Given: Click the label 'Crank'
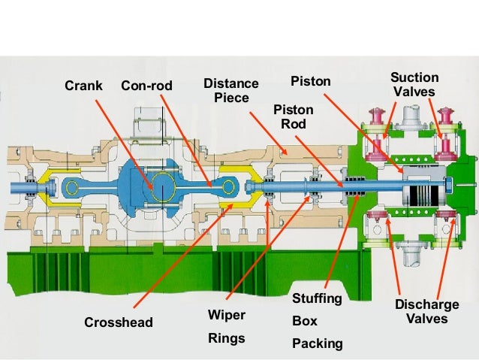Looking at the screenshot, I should tap(83, 86).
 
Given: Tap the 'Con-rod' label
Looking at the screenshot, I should tap(146, 86).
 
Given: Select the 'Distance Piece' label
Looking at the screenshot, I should tap(231, 90).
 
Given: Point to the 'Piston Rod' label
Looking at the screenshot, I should tap(293, 116).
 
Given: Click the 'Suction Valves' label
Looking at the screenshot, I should tap(415, 84).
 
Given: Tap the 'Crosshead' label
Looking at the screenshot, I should tap(118, 322).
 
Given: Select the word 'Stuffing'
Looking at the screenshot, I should tap(316, 299).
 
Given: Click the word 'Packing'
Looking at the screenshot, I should tap(317, 343).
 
